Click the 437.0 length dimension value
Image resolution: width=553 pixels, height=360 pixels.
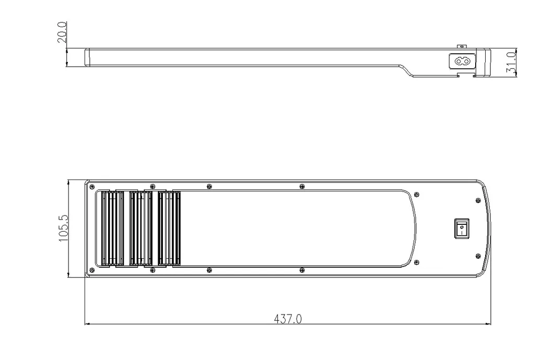[288, 319]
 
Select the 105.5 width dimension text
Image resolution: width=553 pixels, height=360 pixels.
[64, 228]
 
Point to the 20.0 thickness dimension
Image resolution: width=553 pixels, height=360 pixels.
[62, 32]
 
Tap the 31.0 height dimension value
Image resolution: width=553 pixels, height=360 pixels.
[511, 63]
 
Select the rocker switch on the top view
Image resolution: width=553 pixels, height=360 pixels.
[462, 229]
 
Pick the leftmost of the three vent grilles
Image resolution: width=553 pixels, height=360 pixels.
[112, 228]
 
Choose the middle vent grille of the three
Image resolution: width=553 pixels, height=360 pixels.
[141, 228]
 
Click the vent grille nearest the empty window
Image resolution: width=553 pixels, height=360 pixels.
[169, 228]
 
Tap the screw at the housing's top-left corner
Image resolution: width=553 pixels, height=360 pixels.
[92, 186]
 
